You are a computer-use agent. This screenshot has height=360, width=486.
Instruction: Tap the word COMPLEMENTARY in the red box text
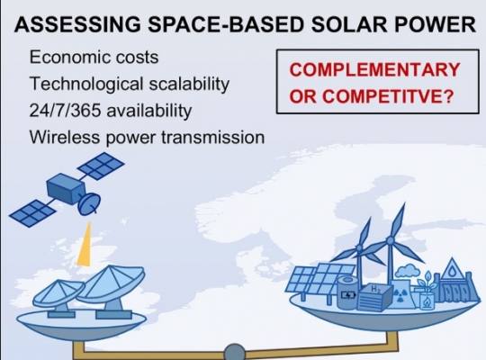point(374,69)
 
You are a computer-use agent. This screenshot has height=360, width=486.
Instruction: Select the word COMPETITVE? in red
point(388,96)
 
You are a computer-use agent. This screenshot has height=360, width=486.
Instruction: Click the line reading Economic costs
point(94,57)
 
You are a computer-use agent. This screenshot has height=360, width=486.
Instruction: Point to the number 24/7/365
point(65,111)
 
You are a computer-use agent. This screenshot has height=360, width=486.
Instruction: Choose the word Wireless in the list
point(65,137)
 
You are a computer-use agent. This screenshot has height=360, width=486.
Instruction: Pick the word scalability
point(189,85)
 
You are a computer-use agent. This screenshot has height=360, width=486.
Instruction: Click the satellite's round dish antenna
point(89,203)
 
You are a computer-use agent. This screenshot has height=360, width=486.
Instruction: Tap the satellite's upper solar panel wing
point(101,166)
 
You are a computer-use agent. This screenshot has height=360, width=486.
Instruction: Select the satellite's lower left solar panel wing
point(32,213)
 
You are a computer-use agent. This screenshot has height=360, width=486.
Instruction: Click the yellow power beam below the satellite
point(85,244)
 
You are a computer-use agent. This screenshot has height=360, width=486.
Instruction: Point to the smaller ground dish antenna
point(58,295)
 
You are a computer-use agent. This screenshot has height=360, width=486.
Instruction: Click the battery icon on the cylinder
point(348,294)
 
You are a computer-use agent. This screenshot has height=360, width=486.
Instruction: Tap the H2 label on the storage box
point(376,289)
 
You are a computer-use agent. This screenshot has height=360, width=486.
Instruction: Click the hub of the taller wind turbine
point(390,240)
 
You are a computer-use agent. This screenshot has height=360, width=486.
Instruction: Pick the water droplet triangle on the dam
point(452,269)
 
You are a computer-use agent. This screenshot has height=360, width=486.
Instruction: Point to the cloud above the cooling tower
point(409,271)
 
